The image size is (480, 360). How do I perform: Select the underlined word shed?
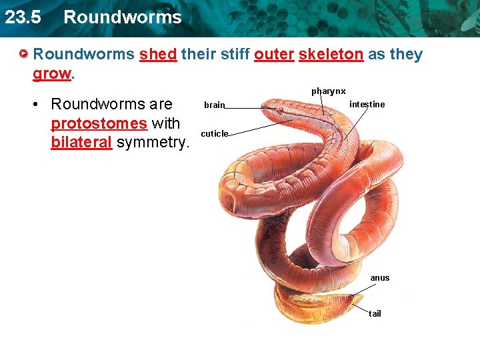(157, 55)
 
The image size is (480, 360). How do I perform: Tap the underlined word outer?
(273, 55)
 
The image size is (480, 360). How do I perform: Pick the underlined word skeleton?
(331, 55)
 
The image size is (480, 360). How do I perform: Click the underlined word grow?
(51, 73)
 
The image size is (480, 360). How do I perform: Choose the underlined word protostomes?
(99, 124)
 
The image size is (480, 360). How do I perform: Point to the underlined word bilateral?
(81, 143)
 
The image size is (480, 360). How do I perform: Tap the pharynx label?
(328, 91)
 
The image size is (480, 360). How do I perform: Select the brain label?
(215, 105)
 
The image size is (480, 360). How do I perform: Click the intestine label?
(367, 105)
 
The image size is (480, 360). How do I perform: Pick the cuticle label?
(214, 133)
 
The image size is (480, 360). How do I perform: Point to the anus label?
(379, 278)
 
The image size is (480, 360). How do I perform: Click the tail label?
(375, 313)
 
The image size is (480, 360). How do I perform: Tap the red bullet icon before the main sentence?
(24, 53)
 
